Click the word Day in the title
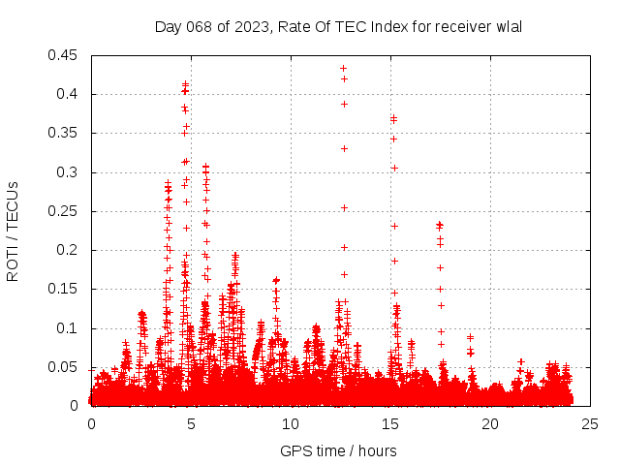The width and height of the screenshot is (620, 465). (x=168, y=26)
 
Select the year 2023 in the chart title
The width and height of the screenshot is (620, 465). (x=251, y=26)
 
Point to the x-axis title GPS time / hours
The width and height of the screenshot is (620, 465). (x=338, y=450)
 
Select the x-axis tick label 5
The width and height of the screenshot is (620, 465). (x=191, y=423)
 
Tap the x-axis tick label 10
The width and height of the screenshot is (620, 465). (x=291, y=423)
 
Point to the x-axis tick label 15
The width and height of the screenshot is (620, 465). (x=390, y=423)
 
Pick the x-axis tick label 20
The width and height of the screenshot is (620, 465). (x=490, y=423)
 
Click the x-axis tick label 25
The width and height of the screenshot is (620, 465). (x=590, y=423)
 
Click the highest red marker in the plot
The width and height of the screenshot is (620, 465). (x=344, y=69)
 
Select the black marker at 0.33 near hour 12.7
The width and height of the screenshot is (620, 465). (x=344, y=148)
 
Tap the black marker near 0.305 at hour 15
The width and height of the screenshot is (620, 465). (x=394, y=169)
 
